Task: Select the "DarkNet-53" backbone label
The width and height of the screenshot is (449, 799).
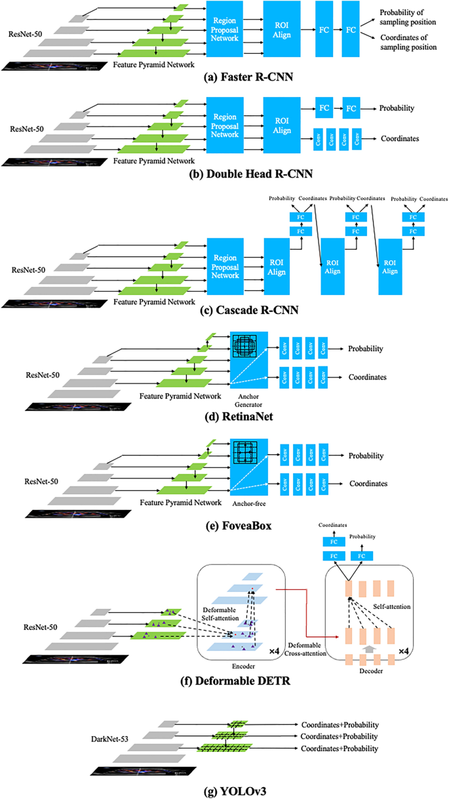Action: click(x=109, y=739)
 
